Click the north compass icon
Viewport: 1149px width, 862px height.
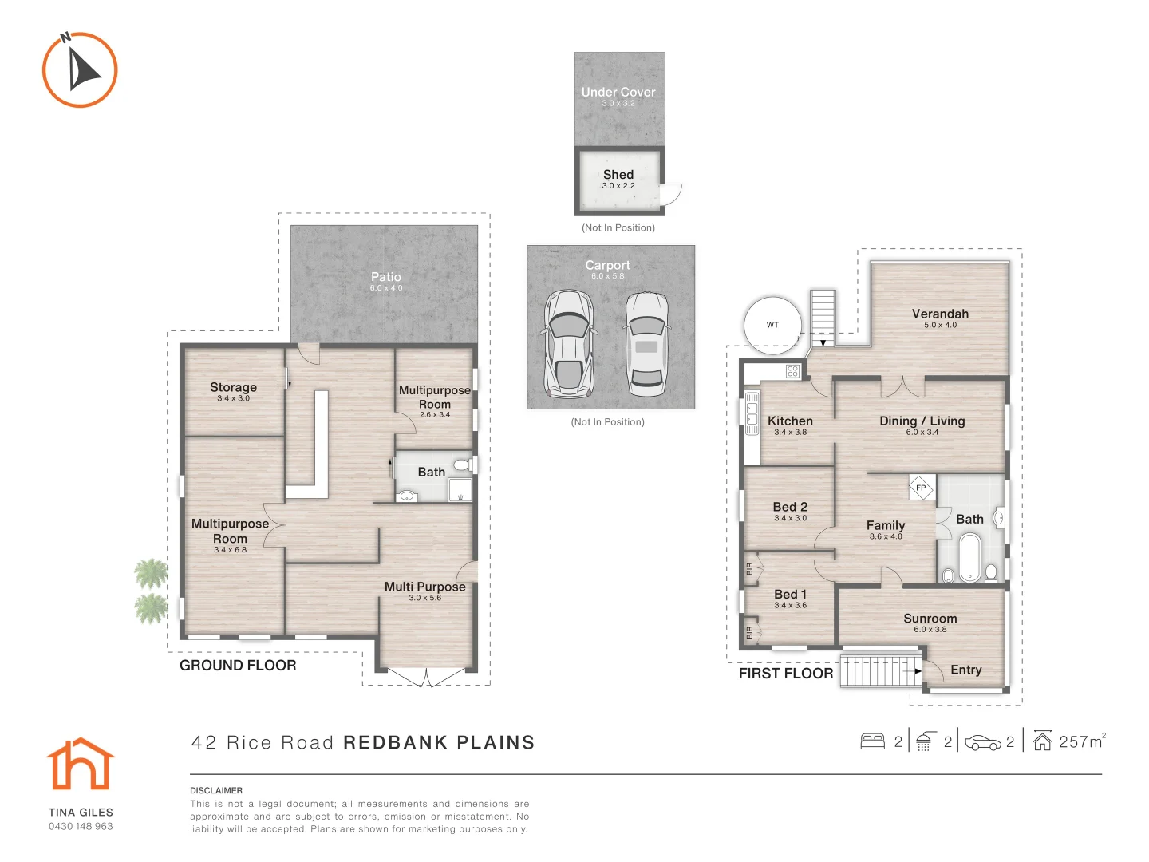(x=80, y=69)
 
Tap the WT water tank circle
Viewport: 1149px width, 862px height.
(x=772, y=325)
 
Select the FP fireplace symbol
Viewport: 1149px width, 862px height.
(x=921, y=488)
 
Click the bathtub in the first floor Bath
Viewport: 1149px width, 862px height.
(x=970, y=557)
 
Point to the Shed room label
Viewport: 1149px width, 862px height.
(x=618, y=174)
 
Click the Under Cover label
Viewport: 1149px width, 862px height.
(x=618, y=92)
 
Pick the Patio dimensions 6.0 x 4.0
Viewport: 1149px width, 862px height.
(x=386, y=288)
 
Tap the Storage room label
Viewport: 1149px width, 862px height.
(x=234, y=387)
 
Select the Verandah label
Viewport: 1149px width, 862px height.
(x=940, y=314)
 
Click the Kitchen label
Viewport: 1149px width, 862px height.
(x=790, y=421)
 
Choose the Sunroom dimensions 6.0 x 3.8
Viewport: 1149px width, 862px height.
(x=930, y=629)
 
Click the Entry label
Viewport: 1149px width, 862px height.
(x=965, y=670)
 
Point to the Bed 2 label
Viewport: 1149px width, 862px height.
(x=790, y=507)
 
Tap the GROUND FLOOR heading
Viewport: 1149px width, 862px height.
(x=238, y=665)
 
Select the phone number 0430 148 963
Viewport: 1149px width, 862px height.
(x=81, y=826)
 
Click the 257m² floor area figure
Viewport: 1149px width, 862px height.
(x=1081, y=741)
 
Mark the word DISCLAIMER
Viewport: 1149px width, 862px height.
(x=216, y=790)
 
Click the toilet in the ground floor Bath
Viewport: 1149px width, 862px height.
(x=462, y=465)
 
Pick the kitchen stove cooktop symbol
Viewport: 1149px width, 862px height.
(x=792, y=371)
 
